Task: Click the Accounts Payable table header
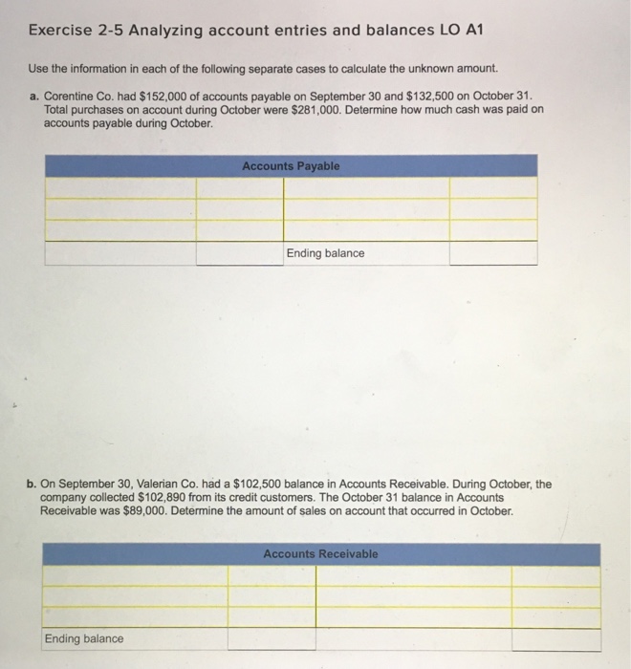click(290, 166)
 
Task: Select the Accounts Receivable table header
click(320, 554)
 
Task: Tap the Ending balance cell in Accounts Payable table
click(325, 253)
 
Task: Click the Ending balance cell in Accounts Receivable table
click(84, 638)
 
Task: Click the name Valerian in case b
click(153, 485)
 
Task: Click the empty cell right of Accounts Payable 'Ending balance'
click(492, 253)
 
